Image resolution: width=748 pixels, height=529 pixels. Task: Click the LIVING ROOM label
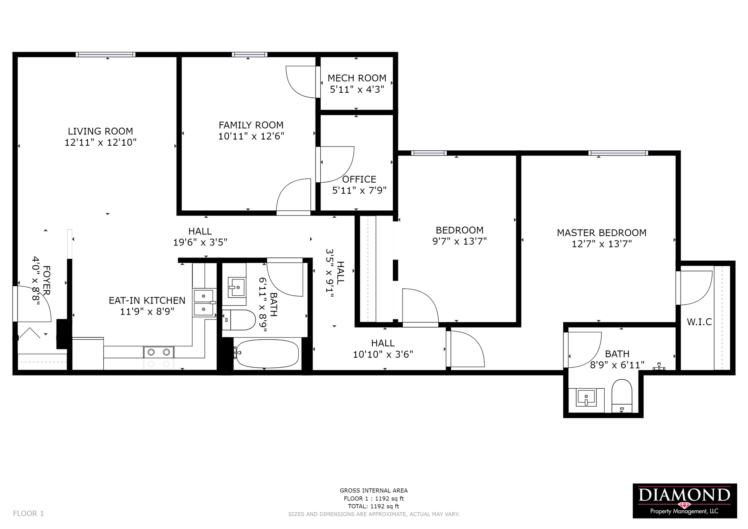[x=101, y=131]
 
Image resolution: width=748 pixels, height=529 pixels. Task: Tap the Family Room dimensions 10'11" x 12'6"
[x=251, y=136]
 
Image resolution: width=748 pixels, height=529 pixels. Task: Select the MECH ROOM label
[x=357, y=78]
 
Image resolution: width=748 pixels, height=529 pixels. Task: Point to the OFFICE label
[x=359, y=179]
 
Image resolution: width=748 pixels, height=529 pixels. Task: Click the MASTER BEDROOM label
[x=602, y=233]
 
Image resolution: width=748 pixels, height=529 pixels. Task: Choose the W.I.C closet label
[x=699, y=322]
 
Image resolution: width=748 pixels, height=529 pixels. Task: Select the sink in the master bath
[x=586, y=398]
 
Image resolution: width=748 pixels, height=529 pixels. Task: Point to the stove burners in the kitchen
[x=159, y=352]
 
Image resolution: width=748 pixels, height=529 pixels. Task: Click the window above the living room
[x=106, y=55]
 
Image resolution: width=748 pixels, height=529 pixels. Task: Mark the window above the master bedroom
[x=618, y=153]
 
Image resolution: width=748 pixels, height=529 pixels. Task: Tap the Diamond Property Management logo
[x=684, y=501]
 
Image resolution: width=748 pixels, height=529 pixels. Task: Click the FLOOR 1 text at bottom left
[x=28, y=513]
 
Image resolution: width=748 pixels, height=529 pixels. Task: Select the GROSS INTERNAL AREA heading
[x=374, y=491]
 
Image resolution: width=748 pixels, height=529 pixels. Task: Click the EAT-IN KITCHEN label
[x=147, y=301]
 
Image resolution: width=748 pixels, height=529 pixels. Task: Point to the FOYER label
[x=46, y=280]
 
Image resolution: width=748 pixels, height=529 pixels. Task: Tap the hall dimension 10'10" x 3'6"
[x=383, y=354]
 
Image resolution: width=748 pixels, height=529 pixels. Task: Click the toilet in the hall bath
[x=238, y=320]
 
